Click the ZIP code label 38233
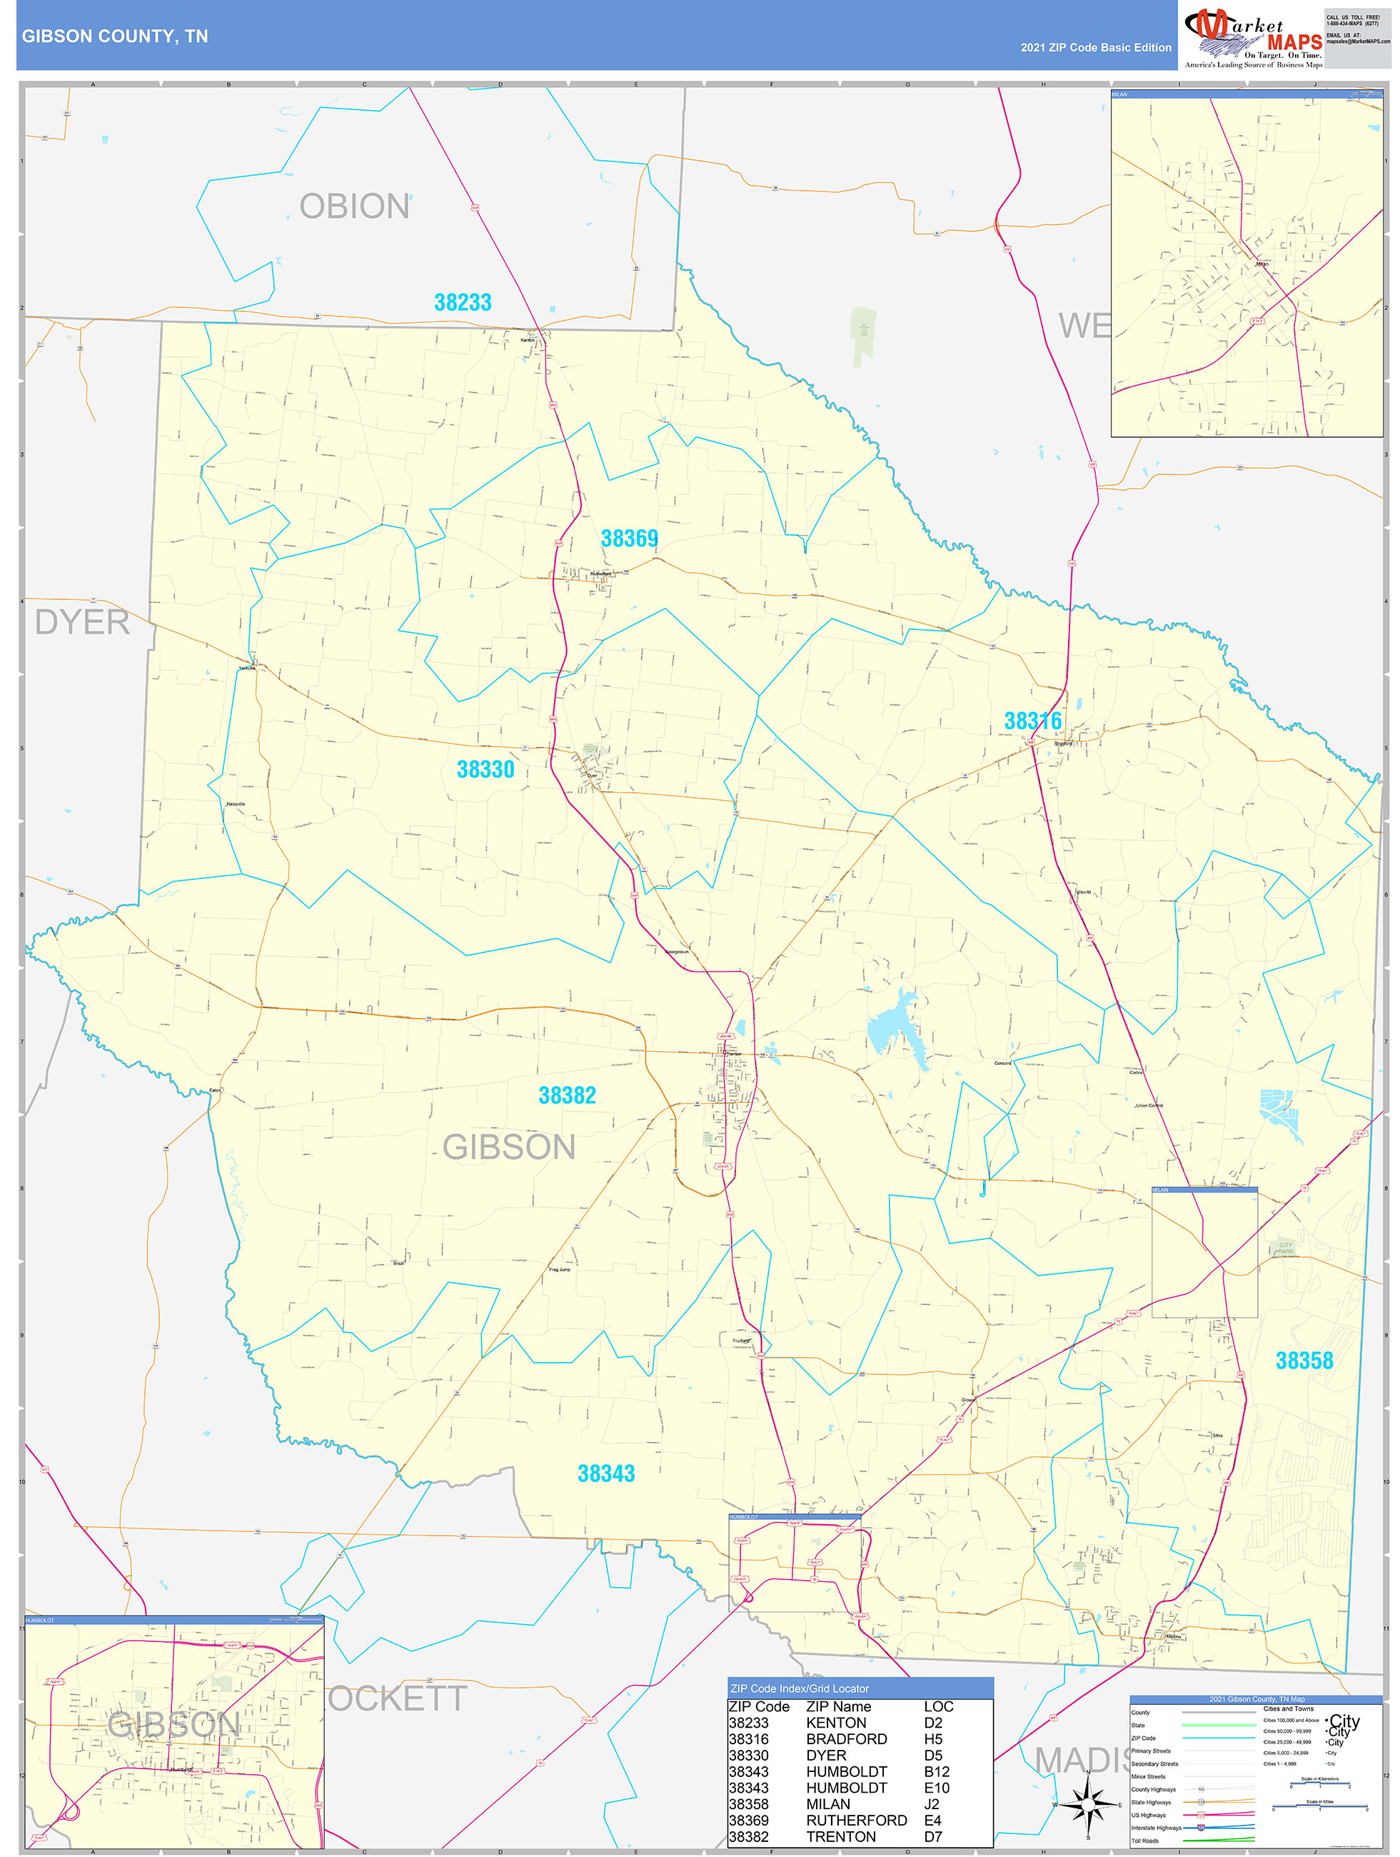(463, 302)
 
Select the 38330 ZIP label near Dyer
(485, 769)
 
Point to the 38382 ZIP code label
(568, 1095)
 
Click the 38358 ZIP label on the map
(1304, 1360)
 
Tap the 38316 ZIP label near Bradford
(1032, 720)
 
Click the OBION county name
(354, 206)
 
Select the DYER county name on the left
(81, 622)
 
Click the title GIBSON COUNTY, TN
(115, 36)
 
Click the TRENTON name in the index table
(841, 1836)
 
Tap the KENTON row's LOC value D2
(932, 1723)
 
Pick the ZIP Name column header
(837, 1707)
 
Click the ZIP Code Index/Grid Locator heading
(799, 1688)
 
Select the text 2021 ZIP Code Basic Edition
(1095, 48)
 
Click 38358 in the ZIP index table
(748, 1804)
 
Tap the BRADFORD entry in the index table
(846, 1738)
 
